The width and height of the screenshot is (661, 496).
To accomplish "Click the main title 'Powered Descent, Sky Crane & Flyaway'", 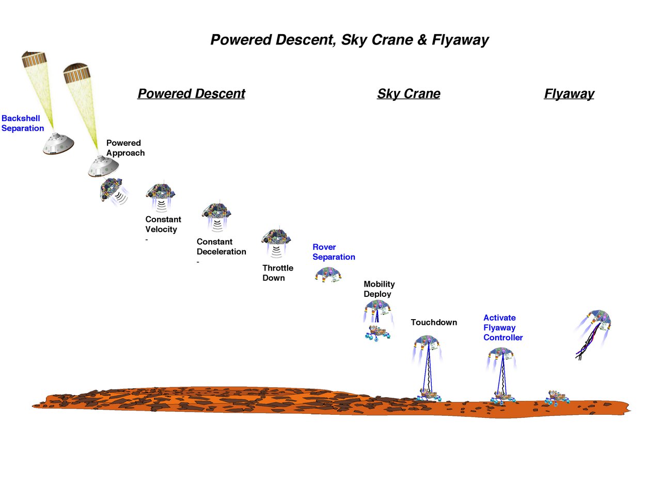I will [350, 40].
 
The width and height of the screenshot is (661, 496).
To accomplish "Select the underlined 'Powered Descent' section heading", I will [191, 94].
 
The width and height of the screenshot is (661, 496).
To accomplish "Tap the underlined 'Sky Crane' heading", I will [408, 94].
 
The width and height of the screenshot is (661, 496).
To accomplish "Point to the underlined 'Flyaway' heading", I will [569, 94].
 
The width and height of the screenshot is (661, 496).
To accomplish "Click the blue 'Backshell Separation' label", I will [23, 123].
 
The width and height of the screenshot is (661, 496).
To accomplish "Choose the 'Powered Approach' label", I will [125, 148].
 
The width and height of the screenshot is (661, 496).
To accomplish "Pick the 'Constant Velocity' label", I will [163, 224].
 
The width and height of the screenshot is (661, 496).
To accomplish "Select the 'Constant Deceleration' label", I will [221, 247].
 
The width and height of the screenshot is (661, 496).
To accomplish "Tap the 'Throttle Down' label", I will [277, 273].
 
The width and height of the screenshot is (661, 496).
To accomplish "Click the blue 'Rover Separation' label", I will [334, 252].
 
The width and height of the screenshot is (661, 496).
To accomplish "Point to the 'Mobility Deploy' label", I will [379, 289].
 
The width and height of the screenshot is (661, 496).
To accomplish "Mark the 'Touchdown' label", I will [434, 322].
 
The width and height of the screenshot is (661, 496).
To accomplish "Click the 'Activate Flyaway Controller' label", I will [502, 327].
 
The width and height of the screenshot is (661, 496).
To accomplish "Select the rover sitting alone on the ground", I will [557, 397].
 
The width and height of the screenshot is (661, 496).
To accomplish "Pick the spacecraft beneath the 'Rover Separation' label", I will [328, 274].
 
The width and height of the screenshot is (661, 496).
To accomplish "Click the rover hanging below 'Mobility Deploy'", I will [377, 333].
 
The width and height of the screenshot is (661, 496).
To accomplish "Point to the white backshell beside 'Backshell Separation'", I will [58, 144].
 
